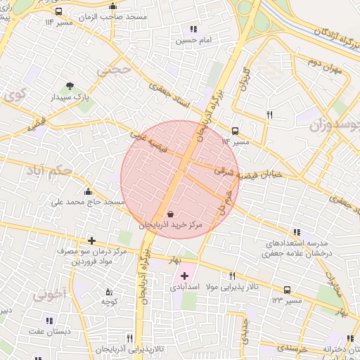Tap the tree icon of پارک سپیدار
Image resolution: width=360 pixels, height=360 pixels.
[69, 86]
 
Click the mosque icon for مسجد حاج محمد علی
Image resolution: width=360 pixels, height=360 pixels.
[87, 191]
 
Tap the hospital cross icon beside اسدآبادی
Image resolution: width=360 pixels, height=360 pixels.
[184, 276]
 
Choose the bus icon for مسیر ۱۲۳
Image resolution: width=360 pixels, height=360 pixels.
[286, 290]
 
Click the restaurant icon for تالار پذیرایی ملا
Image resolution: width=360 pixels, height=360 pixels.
[232, 276]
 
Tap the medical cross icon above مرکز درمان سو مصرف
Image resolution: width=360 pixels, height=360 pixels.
[91, 240]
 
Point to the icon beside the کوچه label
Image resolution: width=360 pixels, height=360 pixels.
[108, 291]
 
